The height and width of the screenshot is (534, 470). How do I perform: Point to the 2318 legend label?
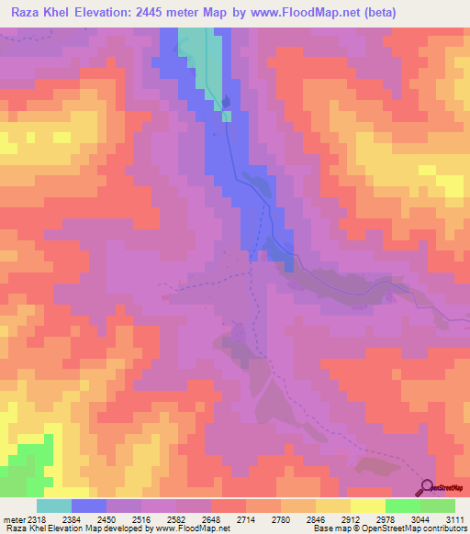35,520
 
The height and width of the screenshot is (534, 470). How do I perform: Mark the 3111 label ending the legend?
456,520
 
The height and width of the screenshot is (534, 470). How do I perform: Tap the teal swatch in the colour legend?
54,506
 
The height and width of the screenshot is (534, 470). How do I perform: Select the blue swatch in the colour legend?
89,506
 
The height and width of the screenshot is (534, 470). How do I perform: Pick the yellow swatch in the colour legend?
367,506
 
